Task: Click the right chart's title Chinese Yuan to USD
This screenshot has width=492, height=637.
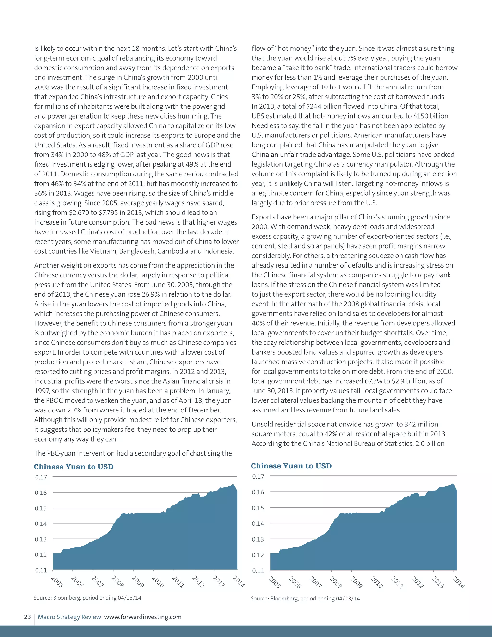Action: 291,466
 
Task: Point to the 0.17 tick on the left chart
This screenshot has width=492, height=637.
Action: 41,477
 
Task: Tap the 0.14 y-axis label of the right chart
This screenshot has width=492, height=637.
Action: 258,524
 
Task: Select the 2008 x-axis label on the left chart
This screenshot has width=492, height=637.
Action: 117,581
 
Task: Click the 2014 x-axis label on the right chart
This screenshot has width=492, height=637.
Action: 458,582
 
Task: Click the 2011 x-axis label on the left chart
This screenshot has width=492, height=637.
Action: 178,581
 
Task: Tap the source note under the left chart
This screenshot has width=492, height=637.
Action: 87,598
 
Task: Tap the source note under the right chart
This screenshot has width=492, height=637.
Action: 305,599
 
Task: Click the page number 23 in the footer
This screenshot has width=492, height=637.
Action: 27,617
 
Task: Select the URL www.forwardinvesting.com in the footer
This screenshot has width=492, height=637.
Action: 142,617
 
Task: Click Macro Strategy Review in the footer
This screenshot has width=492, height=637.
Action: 69,617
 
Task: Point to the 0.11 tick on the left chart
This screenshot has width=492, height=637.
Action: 41,570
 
